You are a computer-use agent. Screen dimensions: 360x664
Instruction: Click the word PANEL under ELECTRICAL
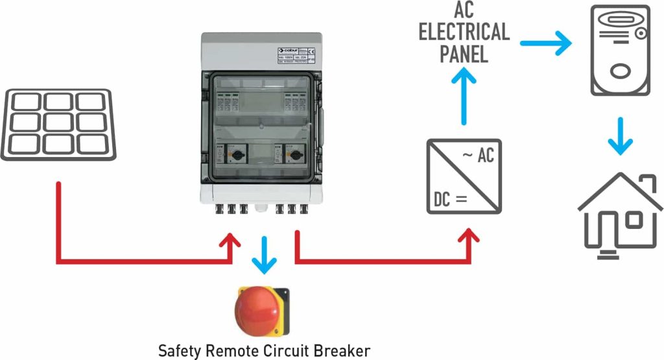coord(464,54)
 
